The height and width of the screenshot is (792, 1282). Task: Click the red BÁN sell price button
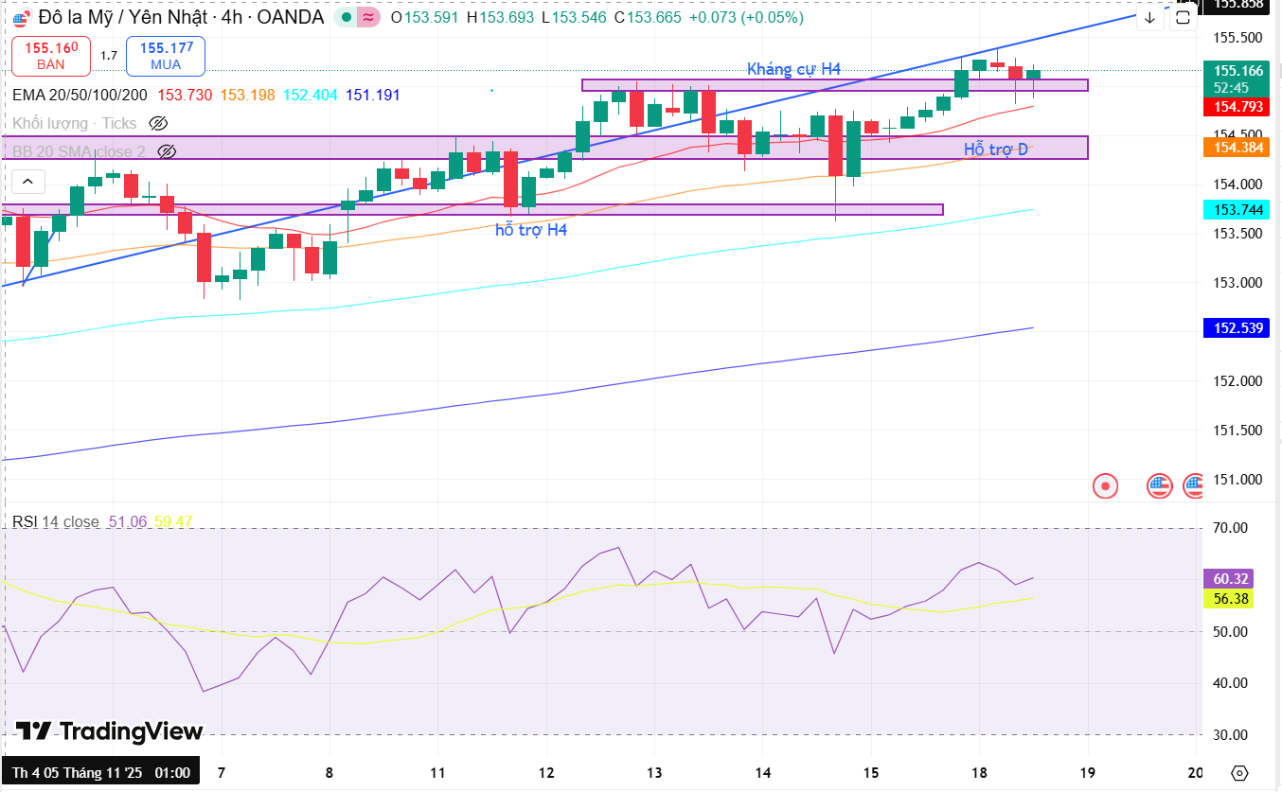pos(51,56)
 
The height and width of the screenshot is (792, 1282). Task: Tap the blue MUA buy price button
pos(166,56)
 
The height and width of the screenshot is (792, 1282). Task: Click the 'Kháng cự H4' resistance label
pos(793,69)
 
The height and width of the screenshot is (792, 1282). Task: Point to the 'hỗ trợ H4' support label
pos(531,229)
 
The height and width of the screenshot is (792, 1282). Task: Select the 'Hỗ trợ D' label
pos(995,150)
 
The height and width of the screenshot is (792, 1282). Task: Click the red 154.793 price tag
pos(1239,106)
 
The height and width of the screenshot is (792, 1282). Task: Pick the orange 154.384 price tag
pos(1239,147)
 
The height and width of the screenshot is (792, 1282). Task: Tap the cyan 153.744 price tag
pos(1239,209)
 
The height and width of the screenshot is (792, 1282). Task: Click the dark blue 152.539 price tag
pos(1239,328)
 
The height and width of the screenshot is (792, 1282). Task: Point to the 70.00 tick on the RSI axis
pos(1231,528)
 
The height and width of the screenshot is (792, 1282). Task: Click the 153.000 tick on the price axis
pos(1237,283)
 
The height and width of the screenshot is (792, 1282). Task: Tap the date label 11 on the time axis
pos(437,772)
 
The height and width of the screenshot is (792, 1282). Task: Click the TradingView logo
pos(109,731)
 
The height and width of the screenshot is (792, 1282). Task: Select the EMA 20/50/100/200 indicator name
pos(80,95)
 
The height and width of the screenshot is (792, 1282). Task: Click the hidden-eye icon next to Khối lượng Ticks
pos(158,123)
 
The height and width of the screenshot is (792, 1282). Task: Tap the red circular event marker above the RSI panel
pos(1105,486)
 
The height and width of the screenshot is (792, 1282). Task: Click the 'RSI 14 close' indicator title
pos(55,521)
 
